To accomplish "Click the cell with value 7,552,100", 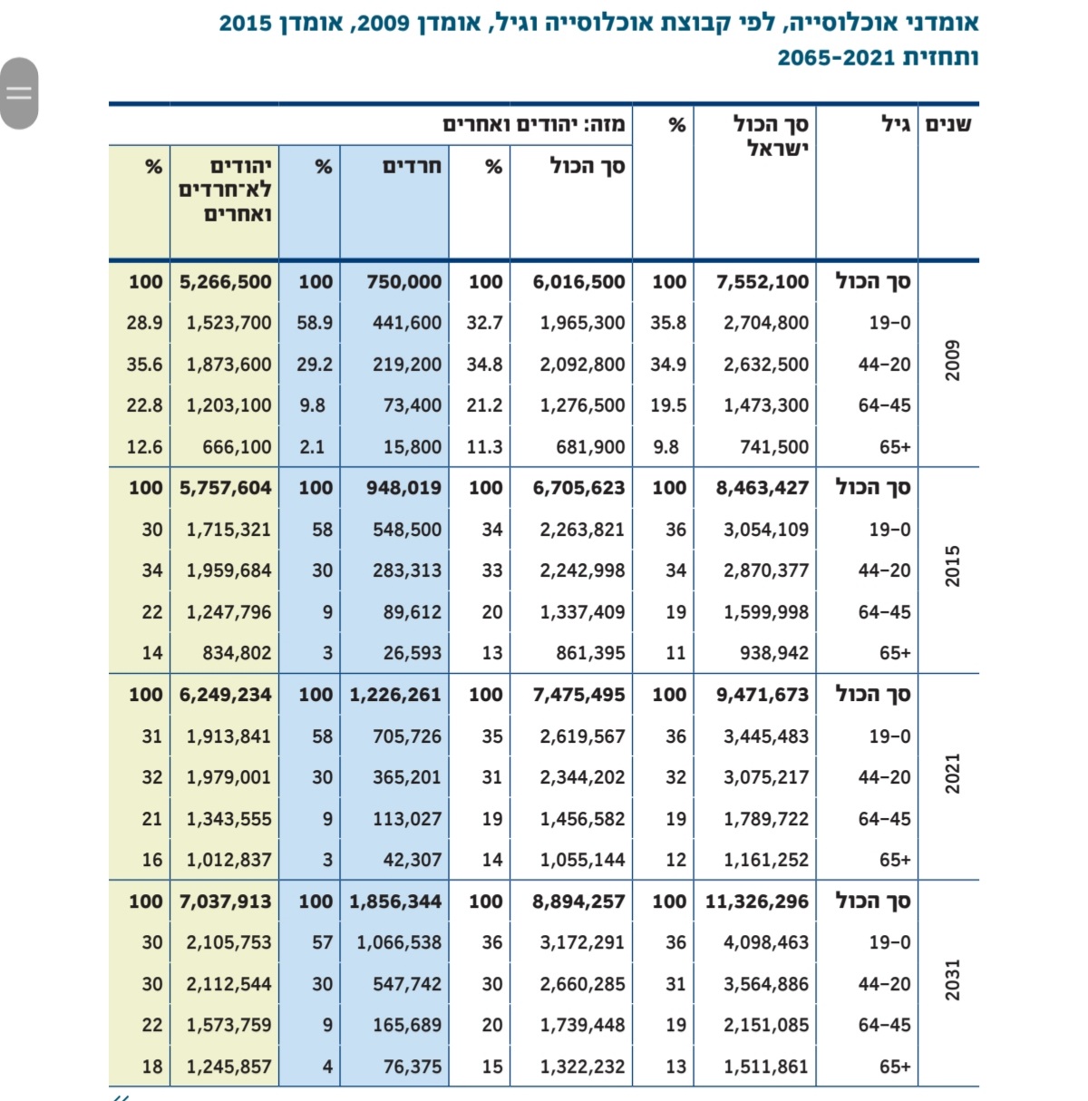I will pos(762,282).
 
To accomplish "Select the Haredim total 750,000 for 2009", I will pos(403,282).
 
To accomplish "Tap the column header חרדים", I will pos(412,167).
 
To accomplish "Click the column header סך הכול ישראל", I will pos(770,136).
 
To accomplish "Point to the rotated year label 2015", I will pos(952,566).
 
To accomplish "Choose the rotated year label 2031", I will pos(952,979).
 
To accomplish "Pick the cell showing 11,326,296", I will pos(756,901).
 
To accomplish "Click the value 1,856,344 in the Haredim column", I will pos(395,901).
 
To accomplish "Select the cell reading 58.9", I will pos(315,323).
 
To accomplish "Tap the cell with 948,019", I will pos(403,488).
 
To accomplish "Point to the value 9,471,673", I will pos(762,695).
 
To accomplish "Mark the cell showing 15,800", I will pos(413,447).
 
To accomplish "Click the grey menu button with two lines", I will pos(19,93).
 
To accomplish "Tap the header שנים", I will pos(947,124).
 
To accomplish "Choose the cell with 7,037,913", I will pos(225,901).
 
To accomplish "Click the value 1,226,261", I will pos(395,695).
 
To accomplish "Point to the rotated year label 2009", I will pos(952,360).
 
